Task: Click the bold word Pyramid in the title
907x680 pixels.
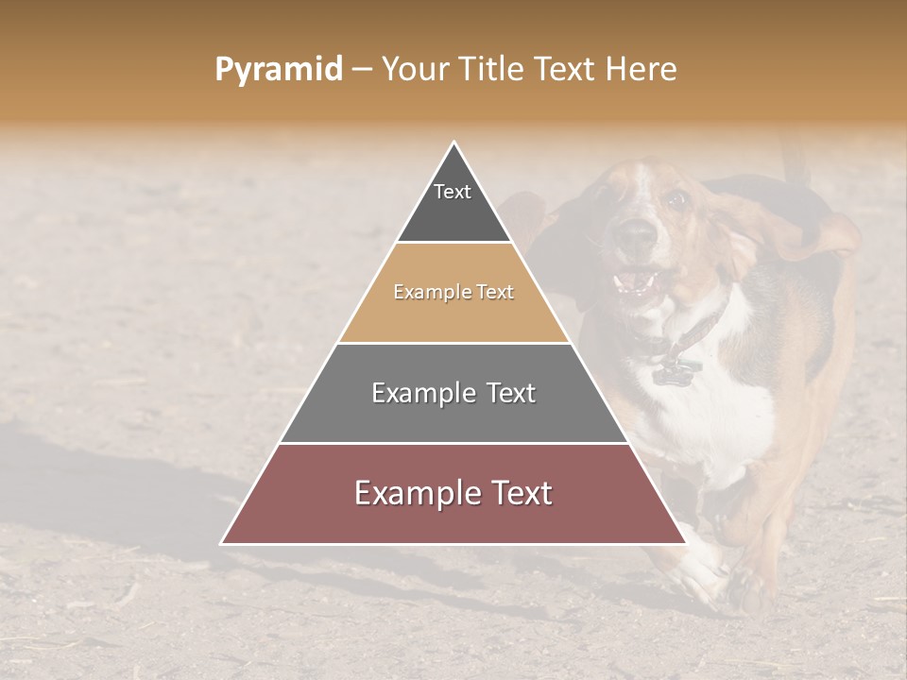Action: point(279,70)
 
